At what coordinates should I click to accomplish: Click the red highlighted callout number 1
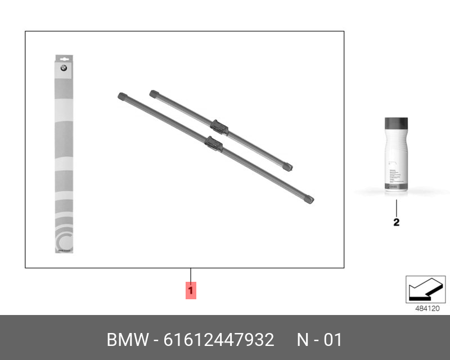pos(191,290)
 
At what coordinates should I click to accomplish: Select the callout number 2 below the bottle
pos(396,222)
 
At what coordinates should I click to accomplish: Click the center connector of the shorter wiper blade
pos(219,127)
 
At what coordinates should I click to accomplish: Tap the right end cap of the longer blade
pos(308,199)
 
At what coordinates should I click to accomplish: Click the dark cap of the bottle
pos(396,124)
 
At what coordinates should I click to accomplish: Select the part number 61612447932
pos(219,340)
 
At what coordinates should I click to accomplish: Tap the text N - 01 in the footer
pos(319,340)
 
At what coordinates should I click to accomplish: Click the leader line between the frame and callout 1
pos(191,275)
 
